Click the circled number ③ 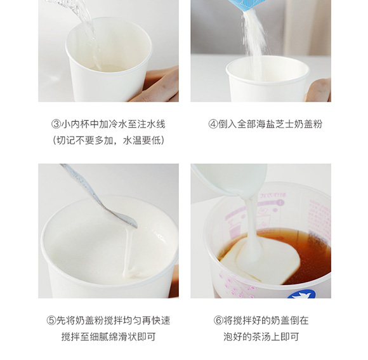pyautogui.click(x=56, y=124)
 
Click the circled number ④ pyautogui.click(x=213, y=124)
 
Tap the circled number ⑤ pyautogui.click(x=51, y=320)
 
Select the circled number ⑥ pyautogui.click(x=218, y=320)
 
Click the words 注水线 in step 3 pyautogui.click(x=152, y=124)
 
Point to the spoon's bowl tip pyautogui.click(x=136, y=226)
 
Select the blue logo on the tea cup pyautogui.click(x=301, y=294)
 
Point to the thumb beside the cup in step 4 pyautogui.click(x=318, y=90)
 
